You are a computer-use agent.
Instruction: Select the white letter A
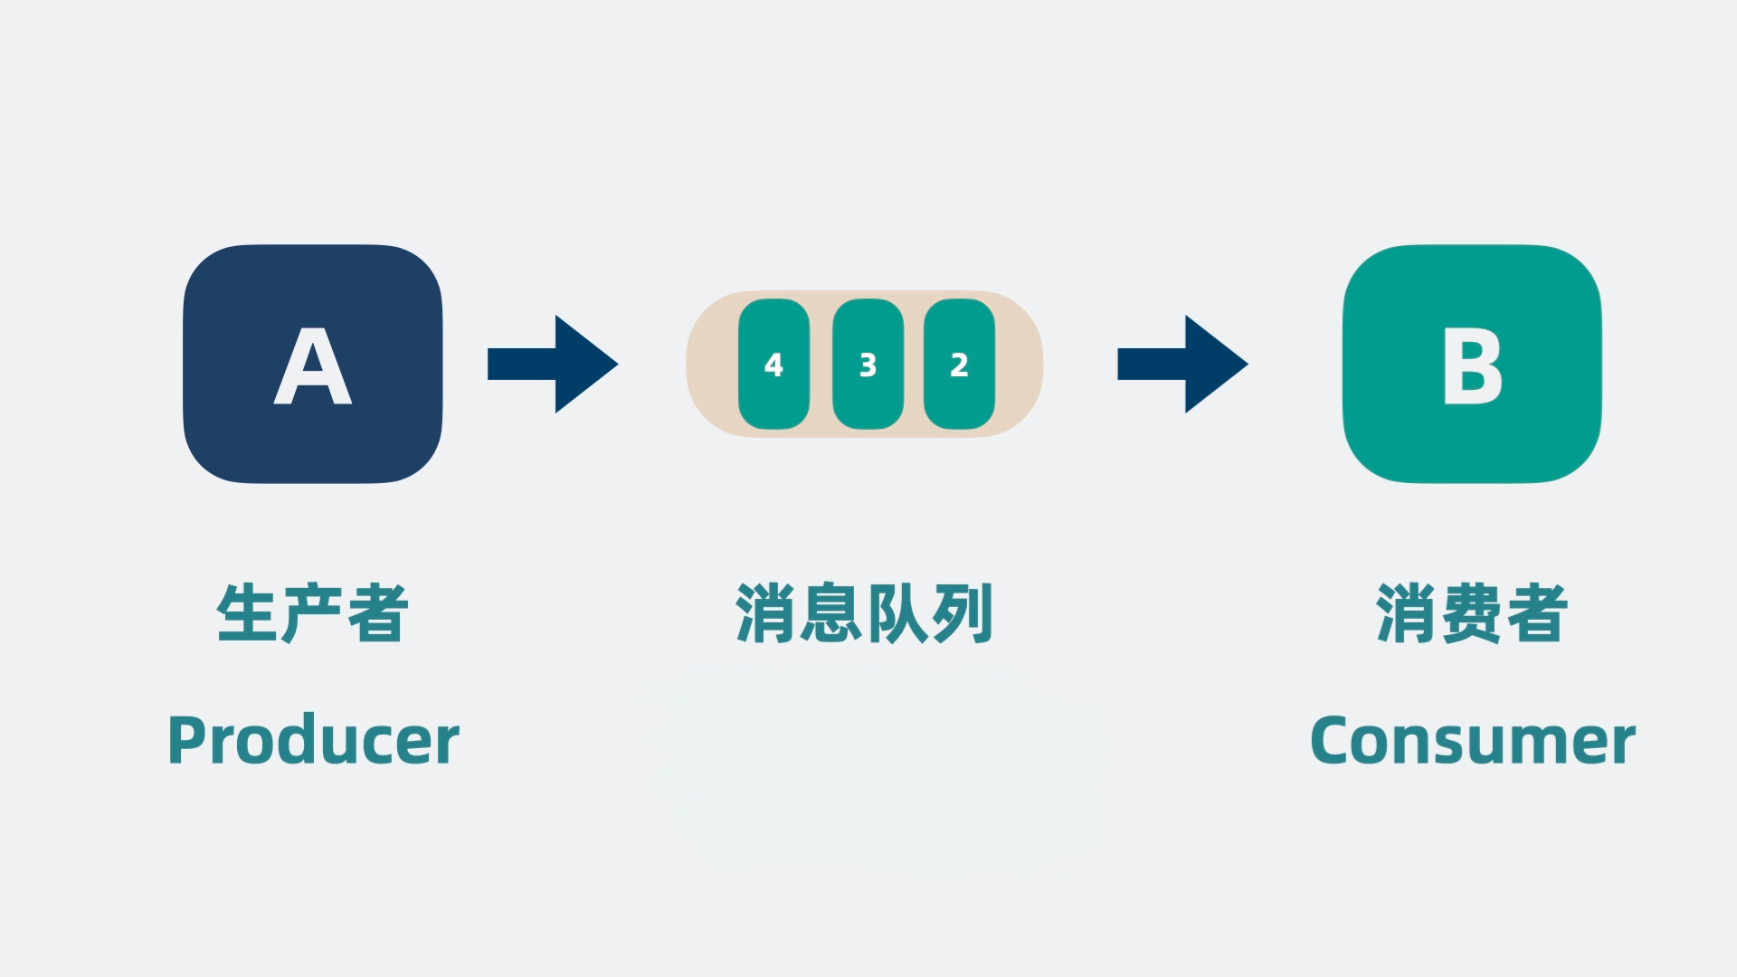point(312,365)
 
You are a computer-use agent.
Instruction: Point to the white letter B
point(1472,366)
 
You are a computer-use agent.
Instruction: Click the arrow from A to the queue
point(553,364)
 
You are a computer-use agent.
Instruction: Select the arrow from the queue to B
point(1182,364)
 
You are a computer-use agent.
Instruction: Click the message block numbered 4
point(774,364)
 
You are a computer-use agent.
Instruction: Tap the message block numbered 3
point(868,364)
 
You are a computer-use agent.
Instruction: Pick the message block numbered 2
point(959,364)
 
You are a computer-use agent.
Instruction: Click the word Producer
point(313,741)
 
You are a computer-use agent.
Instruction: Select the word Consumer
point(1472,741)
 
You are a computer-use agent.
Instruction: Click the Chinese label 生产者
point(313,613)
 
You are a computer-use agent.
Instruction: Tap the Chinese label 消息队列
point(865,613)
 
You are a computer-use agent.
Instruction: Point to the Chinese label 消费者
point(1472,613)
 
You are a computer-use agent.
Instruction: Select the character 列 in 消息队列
point(963,613)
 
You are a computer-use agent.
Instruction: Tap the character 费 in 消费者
point(1472,613)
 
